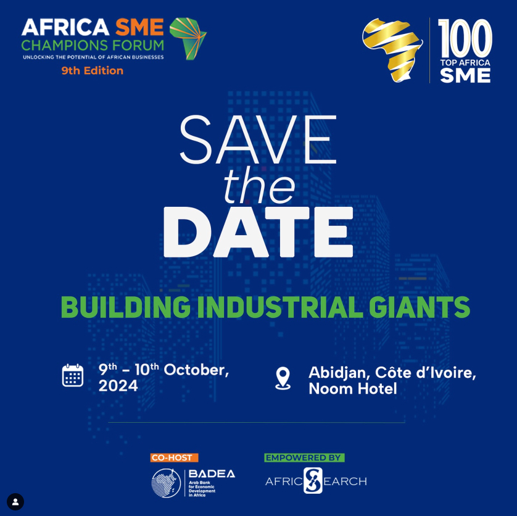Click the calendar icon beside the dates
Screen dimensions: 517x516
tap(73, 375)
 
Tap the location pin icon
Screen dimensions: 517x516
tap(283, 378)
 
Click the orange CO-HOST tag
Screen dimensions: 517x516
tap(175, 457)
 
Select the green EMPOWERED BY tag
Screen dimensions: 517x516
tap(304, 457)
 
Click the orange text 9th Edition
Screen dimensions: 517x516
tap(93, 70)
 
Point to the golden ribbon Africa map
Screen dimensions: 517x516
tap(392, 49)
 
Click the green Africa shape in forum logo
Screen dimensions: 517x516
tap(188, 39)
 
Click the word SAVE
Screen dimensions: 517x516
tap(258, 139)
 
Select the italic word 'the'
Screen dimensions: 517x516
tap(259, 186)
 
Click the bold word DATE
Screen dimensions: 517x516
tap(258, 232)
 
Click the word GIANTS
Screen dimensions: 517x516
tap(420, 307)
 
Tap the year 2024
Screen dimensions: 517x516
tap(118, 386)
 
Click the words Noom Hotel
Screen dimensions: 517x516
tap(353, 388)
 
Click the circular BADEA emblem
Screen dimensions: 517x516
tap(166, 483)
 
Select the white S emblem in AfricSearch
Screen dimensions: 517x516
tap(313, 480)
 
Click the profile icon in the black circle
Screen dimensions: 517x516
tap(15, 502)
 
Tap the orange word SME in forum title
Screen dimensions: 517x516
tap(139, 27)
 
